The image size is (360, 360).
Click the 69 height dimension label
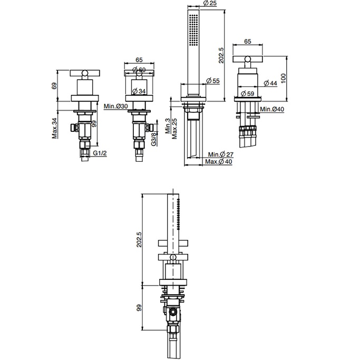click(x=54, y=85)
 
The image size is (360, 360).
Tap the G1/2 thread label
click(x=100, y=153)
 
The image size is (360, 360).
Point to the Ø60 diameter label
click(x=139, y=70)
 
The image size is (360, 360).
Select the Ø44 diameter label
click(x=270, y=83)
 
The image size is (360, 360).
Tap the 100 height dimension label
click(x=284, y=77)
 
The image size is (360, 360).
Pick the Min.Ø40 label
click(x=271, y=109)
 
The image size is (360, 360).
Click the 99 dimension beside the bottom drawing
click(x=139, y=307)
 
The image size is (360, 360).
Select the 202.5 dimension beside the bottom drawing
click(x=139, y=239)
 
